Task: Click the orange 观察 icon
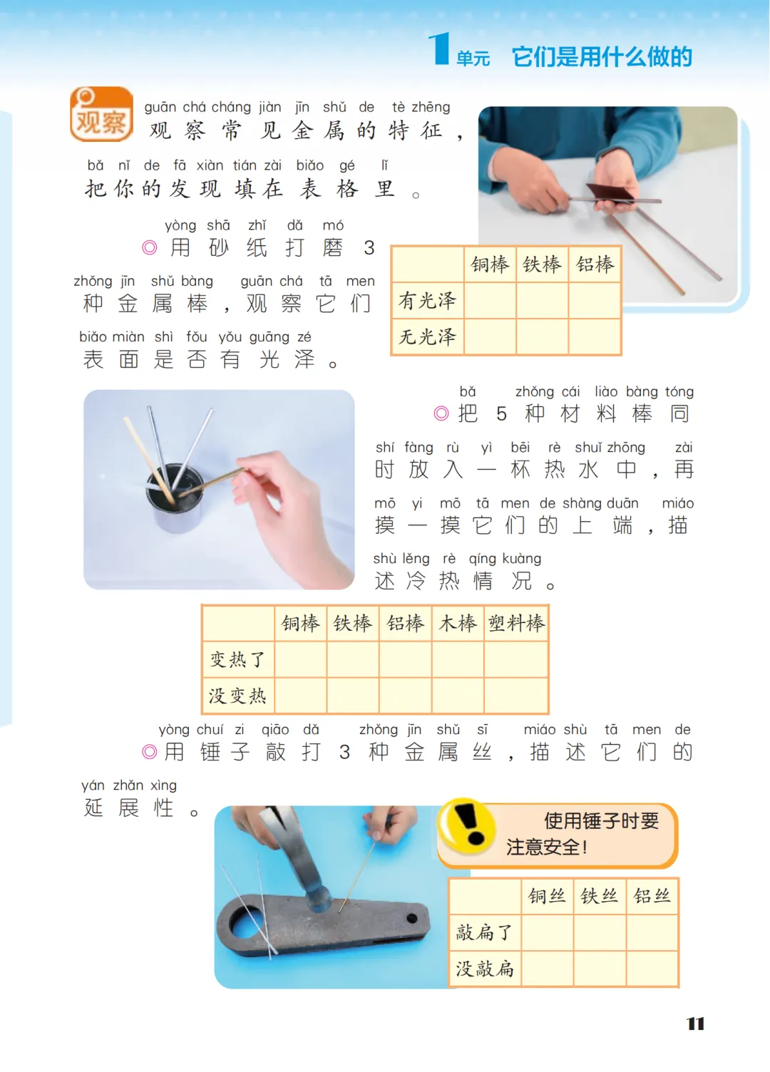click(x=101, y=114)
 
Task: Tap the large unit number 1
click(x=439, y=48)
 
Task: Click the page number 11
click(x=695, y=1024)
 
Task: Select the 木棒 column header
click(x=458, y=623)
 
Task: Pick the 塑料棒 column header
click(x=516, y=623)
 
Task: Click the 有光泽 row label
click(x=427, y=301)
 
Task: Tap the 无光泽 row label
click(x=427, y=336)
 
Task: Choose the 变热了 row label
click(x=238, y=659)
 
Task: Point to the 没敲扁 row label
click(x=485, y=969)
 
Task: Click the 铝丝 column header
click(x=652, y=896)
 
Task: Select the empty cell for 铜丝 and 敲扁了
click(x=547, y=932)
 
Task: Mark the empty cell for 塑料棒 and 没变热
click(x=516, y=695)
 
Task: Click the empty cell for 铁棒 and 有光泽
click(x=542, y=301)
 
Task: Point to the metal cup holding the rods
click(x=175, y=498)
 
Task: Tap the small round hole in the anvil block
click(x=411, y=918)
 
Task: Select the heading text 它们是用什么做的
click(x=602, y=57)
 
